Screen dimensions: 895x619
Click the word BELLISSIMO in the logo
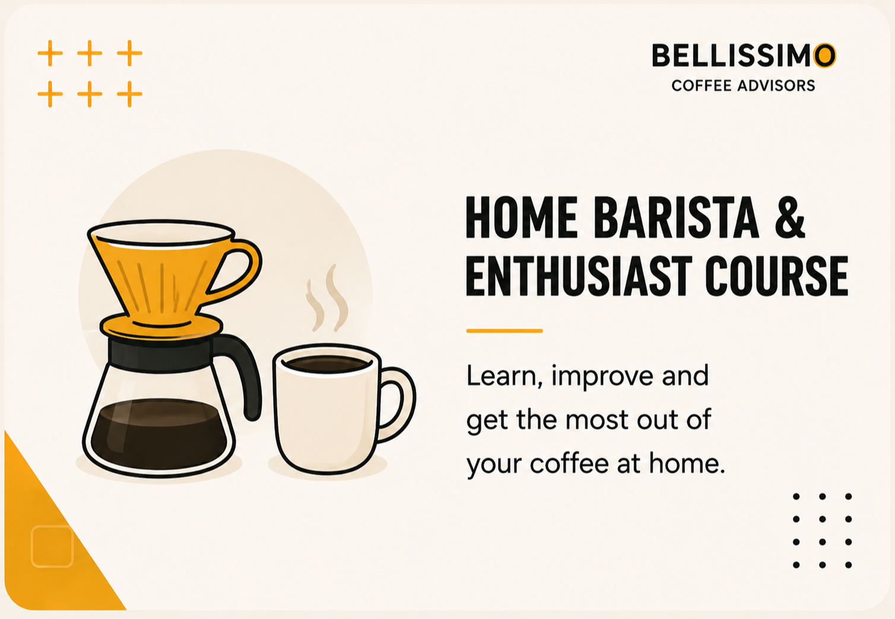tap(744, 55)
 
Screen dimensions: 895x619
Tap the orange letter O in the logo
tap(824, 55)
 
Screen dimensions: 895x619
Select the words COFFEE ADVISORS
tap(743, 85)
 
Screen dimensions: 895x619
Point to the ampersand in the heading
tap(790, 218)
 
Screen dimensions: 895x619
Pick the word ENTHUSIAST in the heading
tap(579, 276)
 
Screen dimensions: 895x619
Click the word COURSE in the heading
tap(776, 276)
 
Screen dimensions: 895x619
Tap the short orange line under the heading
tap(504, 331)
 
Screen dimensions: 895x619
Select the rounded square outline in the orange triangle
tap(52, 546)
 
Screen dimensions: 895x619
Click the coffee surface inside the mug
tap(327, 364)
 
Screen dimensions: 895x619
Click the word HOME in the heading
tap(522, 218)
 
